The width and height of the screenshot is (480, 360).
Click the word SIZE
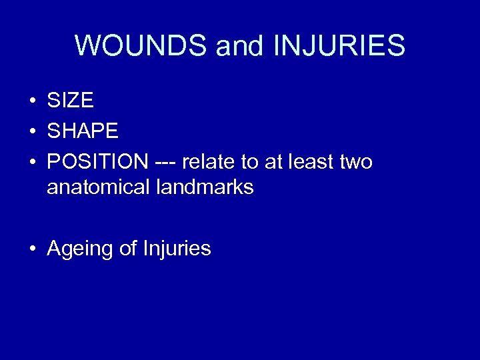click(x=70, y=101)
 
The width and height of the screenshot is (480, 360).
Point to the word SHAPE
click(x=83, y=131)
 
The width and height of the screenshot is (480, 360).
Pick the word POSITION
click(x=98, y=161)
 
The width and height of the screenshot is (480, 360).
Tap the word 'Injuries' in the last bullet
click(x=177, y=249)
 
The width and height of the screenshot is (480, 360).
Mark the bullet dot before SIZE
click(x=32, y=101)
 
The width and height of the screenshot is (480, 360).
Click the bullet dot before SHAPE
click(x=32, y=131)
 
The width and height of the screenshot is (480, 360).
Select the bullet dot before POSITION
click(x=32, y=161)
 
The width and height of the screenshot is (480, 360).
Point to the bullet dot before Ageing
click(x=32, y=249)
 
